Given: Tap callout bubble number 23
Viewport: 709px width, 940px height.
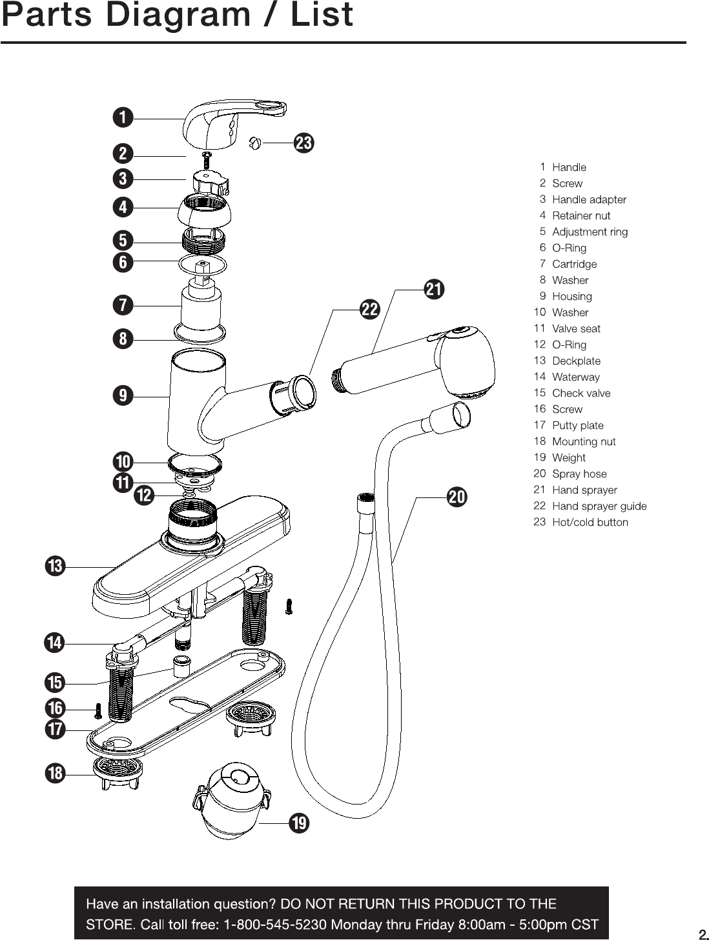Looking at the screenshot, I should (x=304, y=143).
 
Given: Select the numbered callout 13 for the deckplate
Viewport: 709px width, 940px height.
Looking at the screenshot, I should (x=56, y=566).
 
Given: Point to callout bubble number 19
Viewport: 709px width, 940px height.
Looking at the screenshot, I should (x=299, y=823).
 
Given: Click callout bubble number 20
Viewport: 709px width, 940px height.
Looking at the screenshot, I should (x=457, y=497).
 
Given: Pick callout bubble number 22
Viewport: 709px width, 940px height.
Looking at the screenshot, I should (x=369, y=309).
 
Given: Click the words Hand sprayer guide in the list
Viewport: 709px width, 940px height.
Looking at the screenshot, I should (x=599, y=506).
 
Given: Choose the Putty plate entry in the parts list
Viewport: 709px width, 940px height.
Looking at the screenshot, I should (x=578, y=426).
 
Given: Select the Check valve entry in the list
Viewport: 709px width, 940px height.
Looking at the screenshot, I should (x=581, y=394).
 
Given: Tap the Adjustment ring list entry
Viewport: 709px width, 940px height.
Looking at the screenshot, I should (x=590, y=232).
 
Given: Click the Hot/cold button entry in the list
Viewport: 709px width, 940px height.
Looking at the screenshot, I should (x=590, y=523).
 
